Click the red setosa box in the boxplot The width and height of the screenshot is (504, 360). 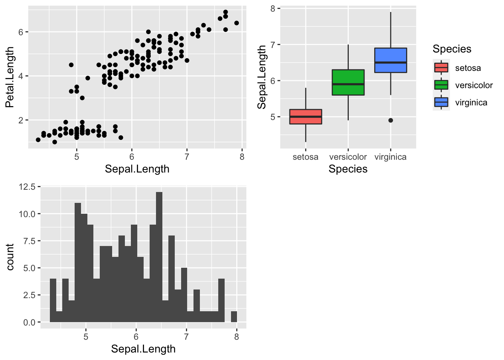306,117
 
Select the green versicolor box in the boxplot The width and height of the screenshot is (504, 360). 348,82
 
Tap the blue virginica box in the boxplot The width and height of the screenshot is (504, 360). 391,60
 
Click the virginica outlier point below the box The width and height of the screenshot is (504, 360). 391,120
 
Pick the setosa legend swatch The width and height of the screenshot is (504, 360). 441,68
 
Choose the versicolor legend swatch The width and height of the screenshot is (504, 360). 441,85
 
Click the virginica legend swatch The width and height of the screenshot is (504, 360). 441,102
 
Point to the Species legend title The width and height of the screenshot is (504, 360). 452,49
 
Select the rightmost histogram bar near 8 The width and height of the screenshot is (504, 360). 234,316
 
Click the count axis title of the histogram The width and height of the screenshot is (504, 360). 10,257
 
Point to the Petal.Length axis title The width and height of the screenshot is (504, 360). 10,77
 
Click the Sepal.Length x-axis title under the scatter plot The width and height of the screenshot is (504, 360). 137,169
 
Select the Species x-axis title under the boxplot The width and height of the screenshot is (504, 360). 348,169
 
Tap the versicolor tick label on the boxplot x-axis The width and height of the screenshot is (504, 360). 348,157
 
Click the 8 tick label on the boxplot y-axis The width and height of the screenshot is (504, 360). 273,9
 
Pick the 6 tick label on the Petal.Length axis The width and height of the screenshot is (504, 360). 21,32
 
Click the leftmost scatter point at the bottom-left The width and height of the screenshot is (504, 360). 38,140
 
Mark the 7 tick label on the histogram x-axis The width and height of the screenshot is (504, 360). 186,337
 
